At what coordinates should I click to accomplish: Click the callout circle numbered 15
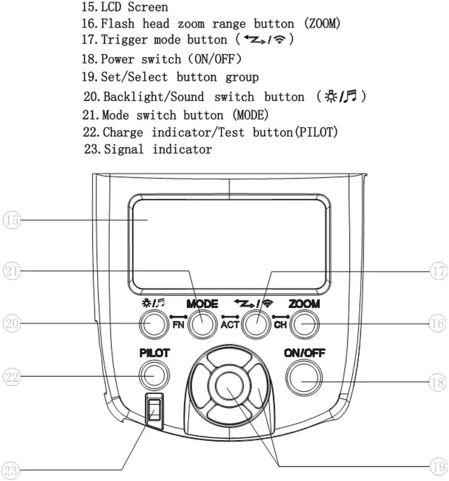tap(12, 220)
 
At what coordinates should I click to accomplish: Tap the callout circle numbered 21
tap(12, 271)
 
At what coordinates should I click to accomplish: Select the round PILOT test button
tap(154, 375)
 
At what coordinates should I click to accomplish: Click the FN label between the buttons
tap(178, 325)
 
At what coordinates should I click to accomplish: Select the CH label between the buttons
tap(280, 325)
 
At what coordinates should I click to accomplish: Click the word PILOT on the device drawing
tap(155, 352)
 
